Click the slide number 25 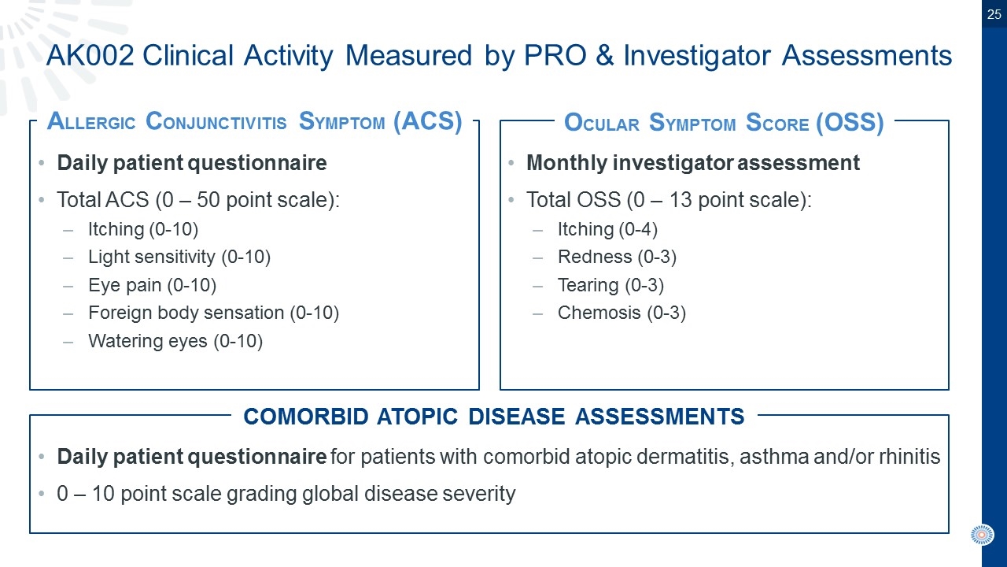994,14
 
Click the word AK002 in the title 90,56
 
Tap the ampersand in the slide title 605,56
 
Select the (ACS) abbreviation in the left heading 427,121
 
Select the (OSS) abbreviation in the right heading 850,122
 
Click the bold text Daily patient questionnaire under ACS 191,163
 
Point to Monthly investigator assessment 693,163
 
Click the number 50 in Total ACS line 208,200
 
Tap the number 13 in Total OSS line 681,200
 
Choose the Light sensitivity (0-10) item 179,257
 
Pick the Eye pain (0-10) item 153,285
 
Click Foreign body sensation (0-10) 213,313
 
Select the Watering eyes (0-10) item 175,341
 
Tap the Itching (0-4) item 608,229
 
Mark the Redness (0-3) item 618,257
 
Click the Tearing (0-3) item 611,285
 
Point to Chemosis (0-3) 622,313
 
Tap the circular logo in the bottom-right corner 982,535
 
